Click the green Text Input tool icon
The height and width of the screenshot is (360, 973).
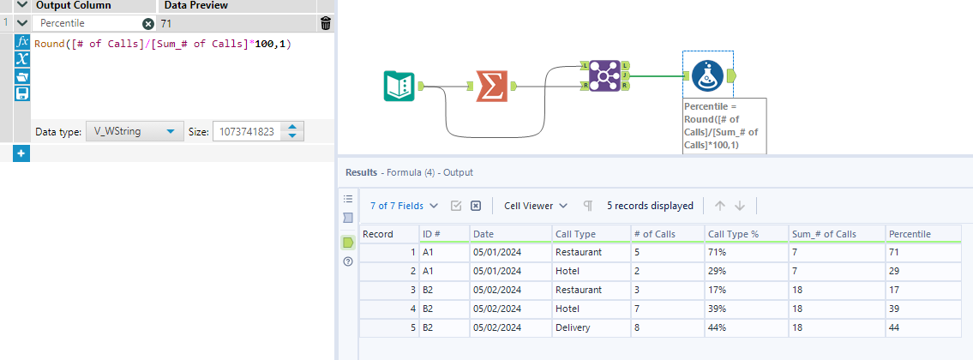pyautogui.click(x=398, y=86)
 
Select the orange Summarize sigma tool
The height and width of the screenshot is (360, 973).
pyautogui.click(x=491, y=86)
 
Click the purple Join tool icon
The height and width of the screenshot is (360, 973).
pyautogui.click(x=604, y=76)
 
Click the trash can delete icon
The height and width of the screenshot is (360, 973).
pyautogui.click(x=325, y=24)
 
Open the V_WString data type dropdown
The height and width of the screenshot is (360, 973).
pyautogui.click(x=133, y=132)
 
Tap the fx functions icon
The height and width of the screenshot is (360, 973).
pyautogui.click(x=23, y=42)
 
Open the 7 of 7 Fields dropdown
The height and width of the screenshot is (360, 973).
pyautogui.click(x=404, y=206)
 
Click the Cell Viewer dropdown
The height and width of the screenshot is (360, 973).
pyautogui.click(x=536, y=206)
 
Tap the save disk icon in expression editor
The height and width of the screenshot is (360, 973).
pyautogui.click(x=23, y=93)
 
